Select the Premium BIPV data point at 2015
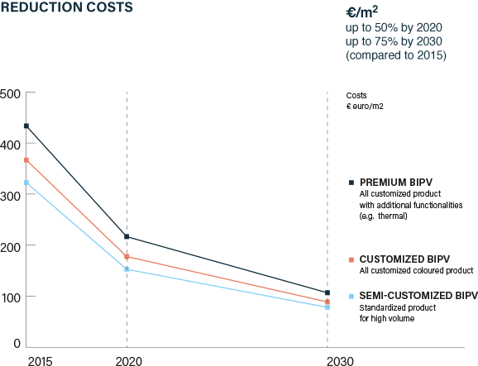pos(26,126)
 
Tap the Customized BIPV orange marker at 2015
pos(26,159)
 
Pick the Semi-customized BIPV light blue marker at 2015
pos(26,183)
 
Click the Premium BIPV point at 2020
pos(127,236)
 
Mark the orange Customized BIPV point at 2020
pos(127,256)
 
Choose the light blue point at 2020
pos(127,269)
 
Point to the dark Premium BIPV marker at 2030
pos(327,292)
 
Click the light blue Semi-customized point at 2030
pos(327,307)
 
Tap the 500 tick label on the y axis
pos(12,93)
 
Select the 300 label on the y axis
pos(12,195)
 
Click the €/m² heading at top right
pos(363,13)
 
